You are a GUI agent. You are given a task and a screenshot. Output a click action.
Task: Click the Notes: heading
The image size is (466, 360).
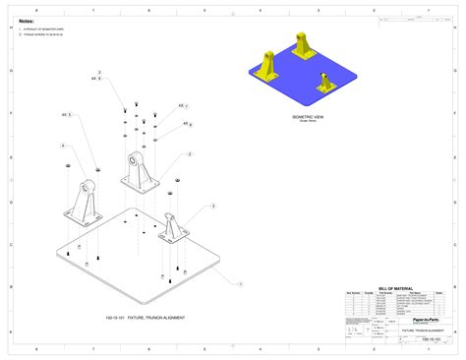coord(27,20)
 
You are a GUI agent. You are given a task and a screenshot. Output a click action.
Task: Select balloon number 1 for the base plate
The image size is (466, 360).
coord(240,281)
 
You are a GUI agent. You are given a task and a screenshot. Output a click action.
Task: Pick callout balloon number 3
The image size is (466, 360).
coord(212,207)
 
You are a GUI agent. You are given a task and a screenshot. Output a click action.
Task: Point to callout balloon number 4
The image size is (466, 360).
coord(64,146)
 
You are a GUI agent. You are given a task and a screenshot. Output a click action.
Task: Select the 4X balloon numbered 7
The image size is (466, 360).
coord(187,105)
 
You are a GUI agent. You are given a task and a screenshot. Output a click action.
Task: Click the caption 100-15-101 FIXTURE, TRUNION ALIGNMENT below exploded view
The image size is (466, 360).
coord(145,318)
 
